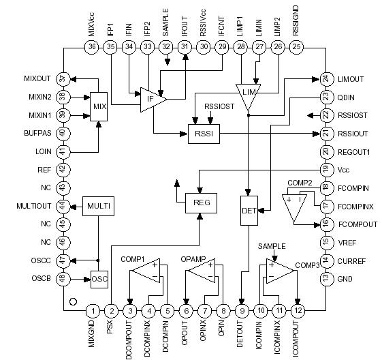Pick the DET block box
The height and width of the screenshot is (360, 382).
249,210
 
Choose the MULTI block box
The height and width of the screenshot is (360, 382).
97,205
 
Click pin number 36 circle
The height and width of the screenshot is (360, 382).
93,46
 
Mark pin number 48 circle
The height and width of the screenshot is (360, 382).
63,278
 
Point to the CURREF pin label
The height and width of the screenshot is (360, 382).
352,260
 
